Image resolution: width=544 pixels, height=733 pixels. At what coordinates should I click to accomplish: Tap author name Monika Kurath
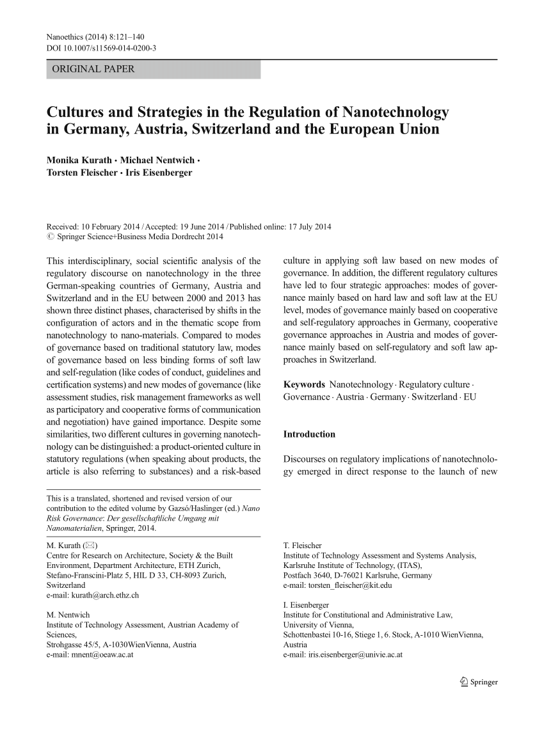coord(78,159)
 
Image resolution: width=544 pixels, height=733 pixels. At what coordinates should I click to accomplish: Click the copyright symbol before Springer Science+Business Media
coord(51,237)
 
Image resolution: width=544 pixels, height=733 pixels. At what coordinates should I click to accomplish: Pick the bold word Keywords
coord(304,384)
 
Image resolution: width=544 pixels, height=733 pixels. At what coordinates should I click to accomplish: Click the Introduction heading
coord(309,434)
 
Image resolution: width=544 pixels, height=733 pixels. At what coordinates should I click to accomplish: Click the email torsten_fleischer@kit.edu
coord(350,585)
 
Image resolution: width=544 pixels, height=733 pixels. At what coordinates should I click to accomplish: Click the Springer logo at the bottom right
coord(478,682)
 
